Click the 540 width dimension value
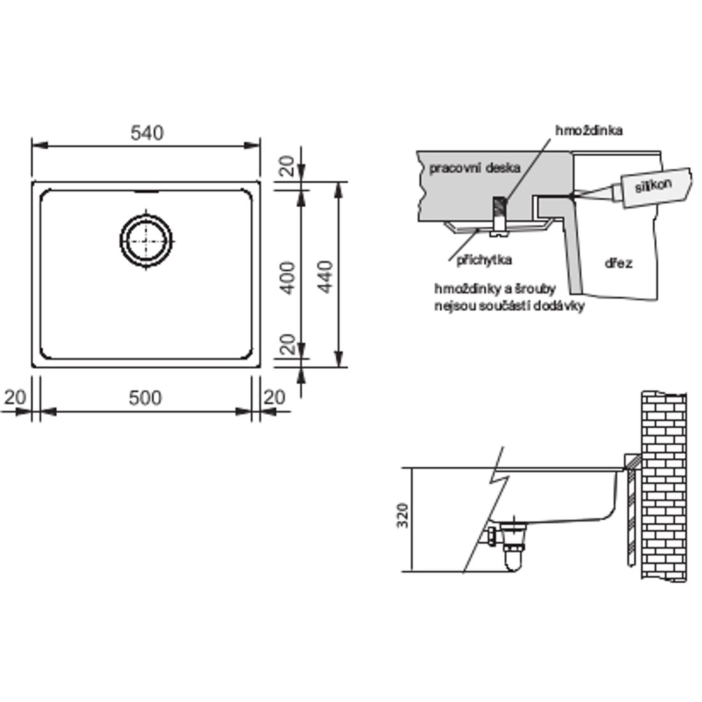[x=147, y=133]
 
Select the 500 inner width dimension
[x=145, y=398]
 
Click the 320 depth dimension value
[x=403, y=515]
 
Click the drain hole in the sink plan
[x=146, y=241]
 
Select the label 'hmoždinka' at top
[x=589, y=130]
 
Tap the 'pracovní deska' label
[x=475, y=168]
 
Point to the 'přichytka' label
[x=484, y=260]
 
